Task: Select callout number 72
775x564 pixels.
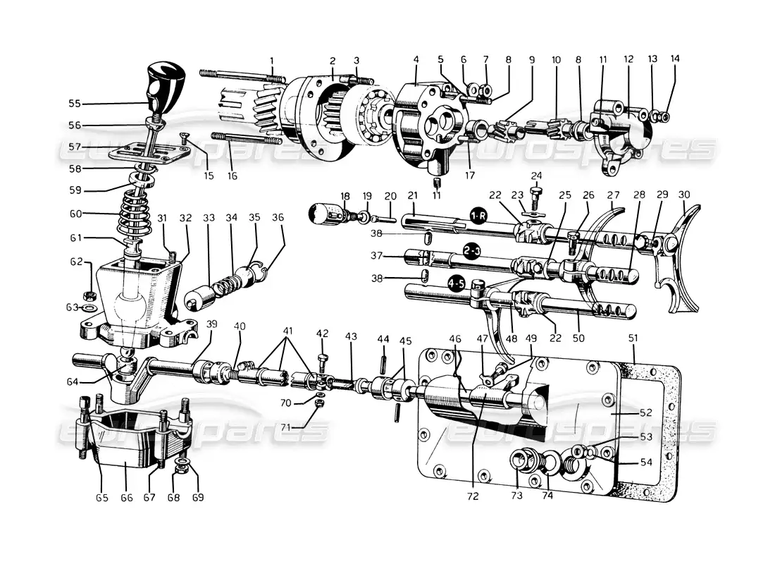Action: [x=472, y=496]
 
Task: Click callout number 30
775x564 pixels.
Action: [x=683, y=195]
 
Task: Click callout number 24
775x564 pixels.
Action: [x=536, y=176]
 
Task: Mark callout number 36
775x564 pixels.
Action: [x=278, y=218]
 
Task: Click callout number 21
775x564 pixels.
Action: [x=413, y=195]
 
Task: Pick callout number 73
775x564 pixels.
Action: [x=516, y=496]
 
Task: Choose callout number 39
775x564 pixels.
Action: [x=212, y=323]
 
